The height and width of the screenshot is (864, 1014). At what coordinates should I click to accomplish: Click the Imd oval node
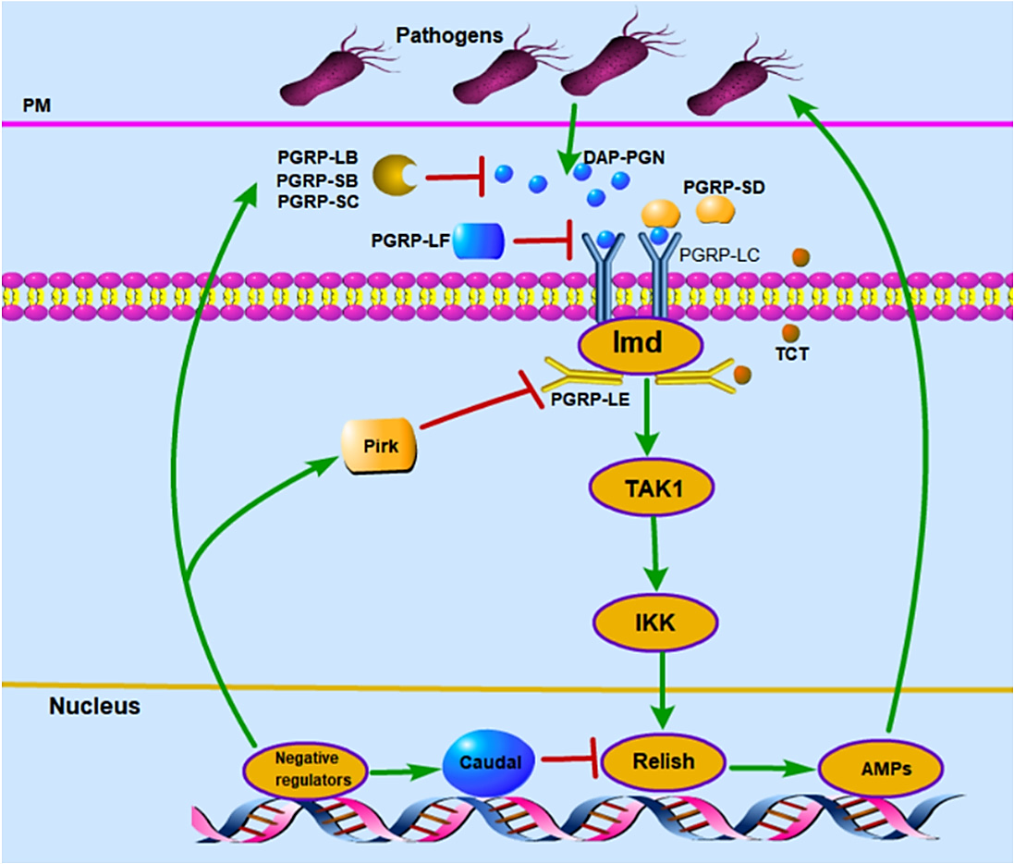(x=640, y=345)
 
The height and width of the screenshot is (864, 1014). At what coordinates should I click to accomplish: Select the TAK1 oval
(x=652, y=488)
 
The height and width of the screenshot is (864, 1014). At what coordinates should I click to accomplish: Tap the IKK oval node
(x=655, y=622)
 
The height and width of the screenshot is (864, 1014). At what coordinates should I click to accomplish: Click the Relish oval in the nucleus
(x=664, y=761)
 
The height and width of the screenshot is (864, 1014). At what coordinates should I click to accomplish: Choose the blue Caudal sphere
(x=490, y=762)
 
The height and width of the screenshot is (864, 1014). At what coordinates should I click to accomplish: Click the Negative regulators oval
(x=306, y=770)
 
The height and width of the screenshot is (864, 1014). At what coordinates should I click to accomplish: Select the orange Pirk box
(x=380, y=446)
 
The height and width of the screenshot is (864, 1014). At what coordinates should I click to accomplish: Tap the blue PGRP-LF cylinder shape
(x=479, y=241)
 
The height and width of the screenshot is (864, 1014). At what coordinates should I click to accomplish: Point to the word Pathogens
(x=449, y=35)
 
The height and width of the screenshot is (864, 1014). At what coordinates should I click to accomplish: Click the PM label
(x=37, y=105)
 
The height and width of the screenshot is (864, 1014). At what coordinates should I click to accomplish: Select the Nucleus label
(x=94, y=706)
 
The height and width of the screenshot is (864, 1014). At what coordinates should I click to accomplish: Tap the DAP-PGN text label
(x=624, y=157)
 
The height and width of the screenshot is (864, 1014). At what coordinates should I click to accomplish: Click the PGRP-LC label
(x=719, y=255)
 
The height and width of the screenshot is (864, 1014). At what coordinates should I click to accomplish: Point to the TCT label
(x=792, y=354)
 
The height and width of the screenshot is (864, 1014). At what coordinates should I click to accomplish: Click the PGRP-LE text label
(x=590, y=400)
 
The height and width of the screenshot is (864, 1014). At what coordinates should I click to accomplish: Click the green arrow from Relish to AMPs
(x=772, y=768)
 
